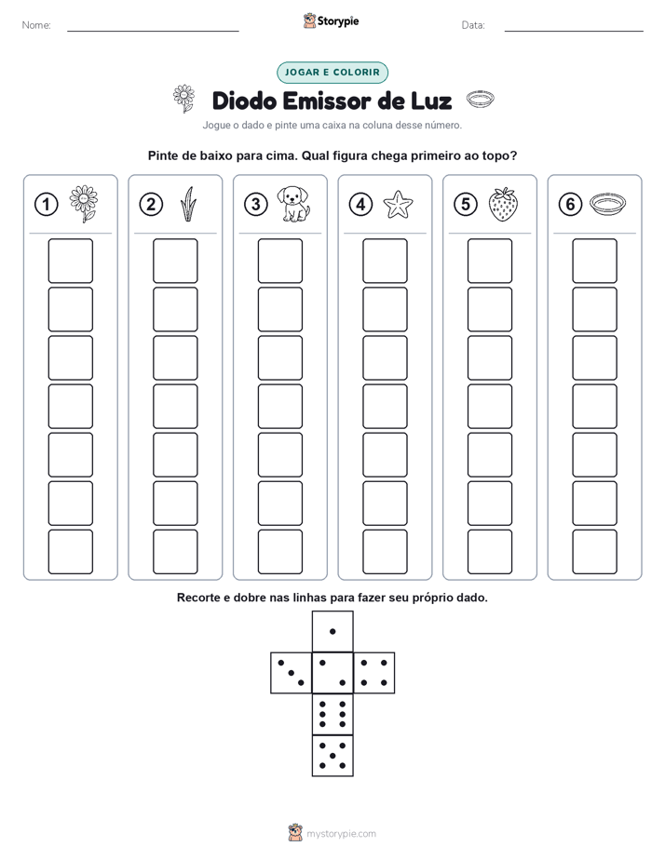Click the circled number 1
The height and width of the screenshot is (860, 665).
click(x=46, y=205)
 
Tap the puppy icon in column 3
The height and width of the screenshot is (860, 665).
click(x=293, y=204)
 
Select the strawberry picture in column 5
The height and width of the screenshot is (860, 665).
click(x=503, y=204)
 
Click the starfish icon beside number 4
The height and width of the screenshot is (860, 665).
click(x=398, y=205)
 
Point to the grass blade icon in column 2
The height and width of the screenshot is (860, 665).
click(x=188, y=204)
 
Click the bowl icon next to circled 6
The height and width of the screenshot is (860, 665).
click(x=607, y=204)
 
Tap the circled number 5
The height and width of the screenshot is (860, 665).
click(x=466, y=205)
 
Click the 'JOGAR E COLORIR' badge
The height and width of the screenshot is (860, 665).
click(x=332, y=73)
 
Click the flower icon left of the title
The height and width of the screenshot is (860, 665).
click(x=183, y=99)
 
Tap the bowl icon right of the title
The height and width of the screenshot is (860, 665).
click(x=480, y=100)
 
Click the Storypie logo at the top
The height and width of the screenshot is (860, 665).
click(x=332, y=20)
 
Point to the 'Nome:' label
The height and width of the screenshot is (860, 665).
click(x=36, y=25)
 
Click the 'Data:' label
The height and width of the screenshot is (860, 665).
click(x=473, y=25)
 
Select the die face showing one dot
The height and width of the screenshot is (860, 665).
click(x=332, y=631)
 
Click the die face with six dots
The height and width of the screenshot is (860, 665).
click(x=332, y=714)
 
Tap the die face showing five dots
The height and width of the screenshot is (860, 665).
click(x=332, y=756)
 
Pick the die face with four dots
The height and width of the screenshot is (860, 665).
click(x=374, y=673)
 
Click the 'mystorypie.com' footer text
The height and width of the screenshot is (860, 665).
click(x=341, y=834)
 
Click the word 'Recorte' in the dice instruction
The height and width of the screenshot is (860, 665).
click(x=198, y=598)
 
